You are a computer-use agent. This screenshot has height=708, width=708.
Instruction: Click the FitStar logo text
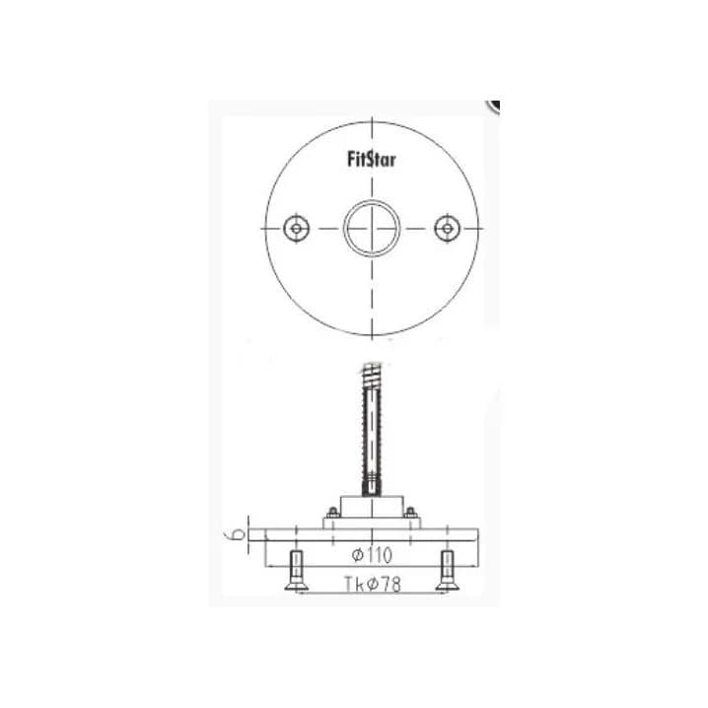371,160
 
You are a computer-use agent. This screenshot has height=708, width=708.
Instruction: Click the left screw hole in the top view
296,229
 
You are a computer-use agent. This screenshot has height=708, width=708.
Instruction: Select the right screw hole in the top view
447,229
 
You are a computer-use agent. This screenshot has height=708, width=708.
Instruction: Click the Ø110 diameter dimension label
372,555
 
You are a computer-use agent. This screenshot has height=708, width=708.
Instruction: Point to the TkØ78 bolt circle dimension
372,584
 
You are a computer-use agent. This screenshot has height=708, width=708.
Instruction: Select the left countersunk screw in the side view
296,570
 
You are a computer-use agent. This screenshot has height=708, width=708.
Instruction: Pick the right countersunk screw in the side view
447,570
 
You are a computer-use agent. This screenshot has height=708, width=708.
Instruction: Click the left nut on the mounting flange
333,513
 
